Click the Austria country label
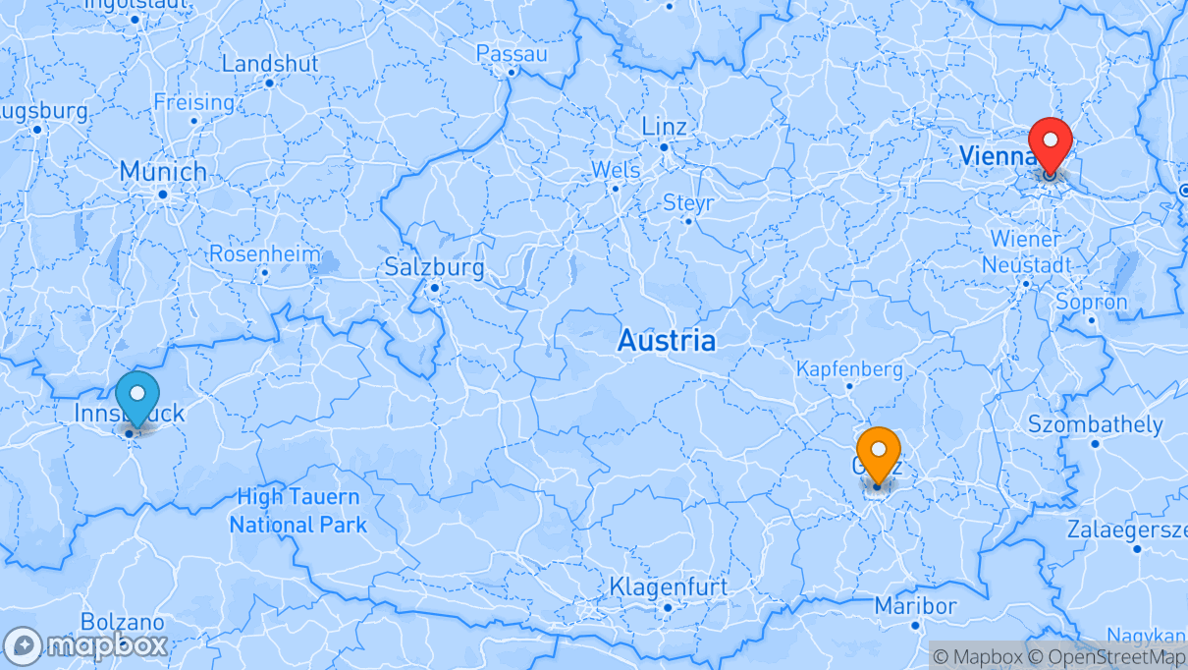click(x=666, y=342)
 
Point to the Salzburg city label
click(x=434, y=267)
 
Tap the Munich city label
click(x=163, y=172)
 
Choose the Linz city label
click(x=664, y=127)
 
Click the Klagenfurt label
click(x=669, y=587)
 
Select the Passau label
click(x=512, y=54)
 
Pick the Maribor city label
click(x=915, y=605)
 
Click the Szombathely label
click(x=1095, y=425)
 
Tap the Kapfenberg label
click(x=849, y=369)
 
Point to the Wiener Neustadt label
click(x=1025, y=251)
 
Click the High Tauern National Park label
click(x=297, y=511)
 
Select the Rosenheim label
click(x=264, y=253)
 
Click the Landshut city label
click(x=270, y=64)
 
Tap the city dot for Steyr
click(x=688, y=221)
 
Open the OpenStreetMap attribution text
click(x=1104, y=656)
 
